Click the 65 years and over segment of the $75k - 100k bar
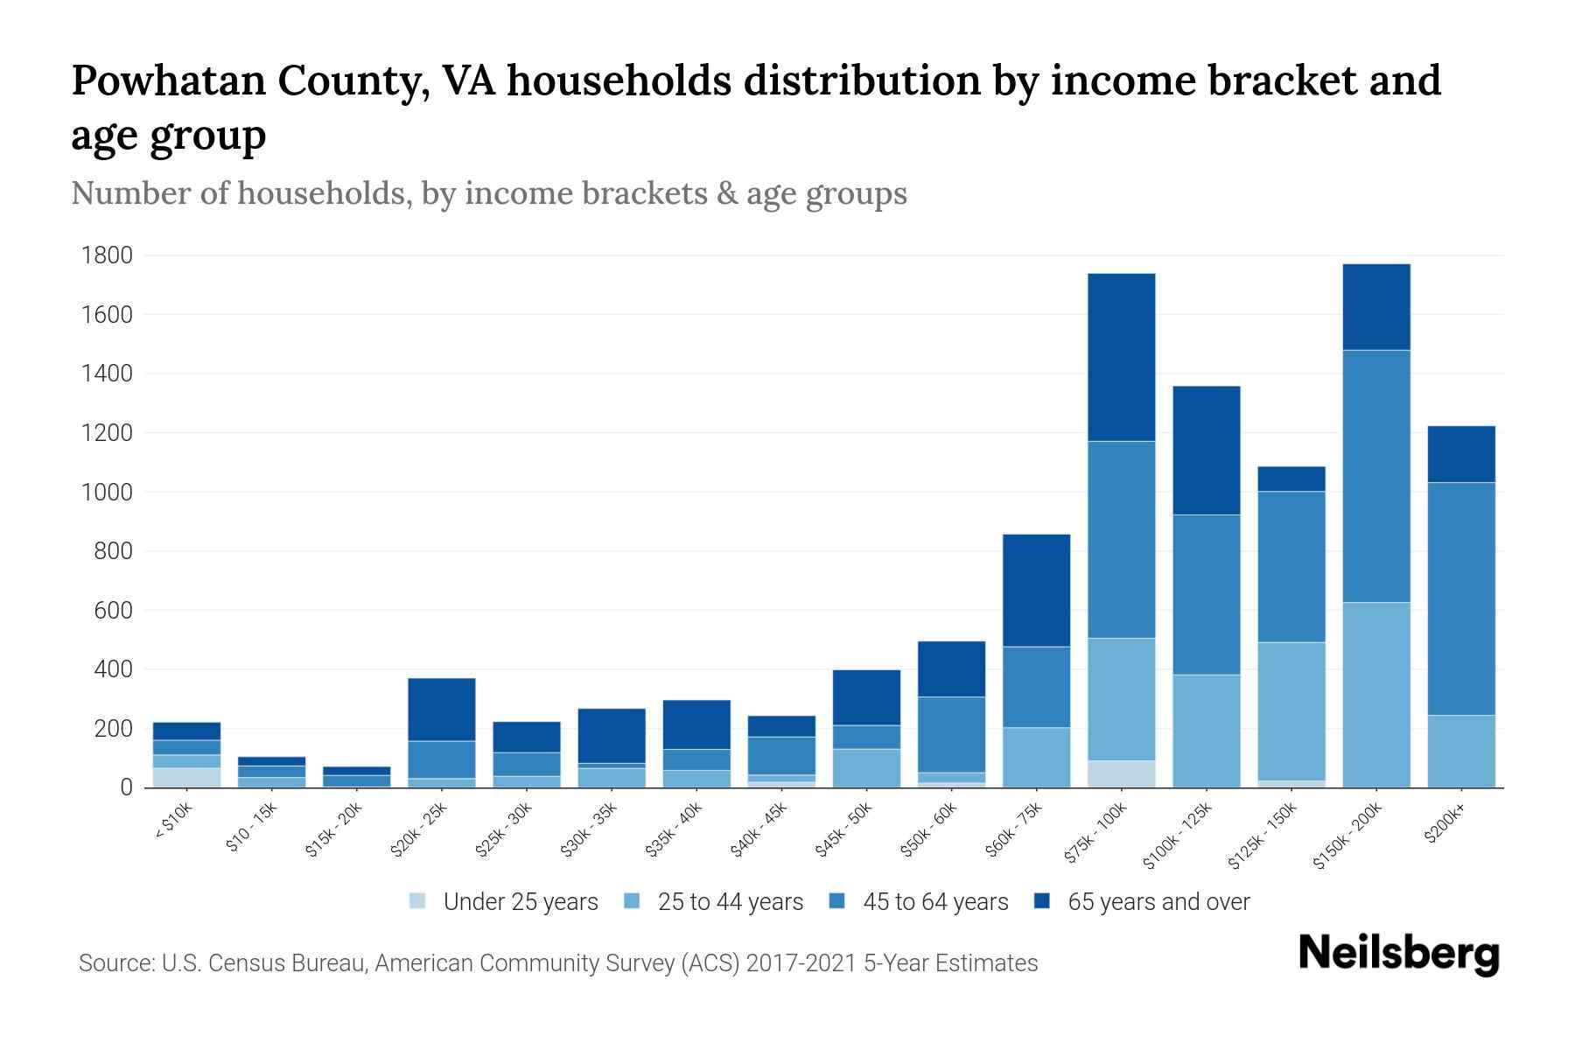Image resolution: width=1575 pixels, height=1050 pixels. (1121, 357)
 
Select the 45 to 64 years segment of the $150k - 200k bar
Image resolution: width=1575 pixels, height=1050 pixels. (1376, 476)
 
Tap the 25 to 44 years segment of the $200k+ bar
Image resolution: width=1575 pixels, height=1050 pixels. (1461, 751)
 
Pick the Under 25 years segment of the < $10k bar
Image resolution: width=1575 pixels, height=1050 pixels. (186, 777)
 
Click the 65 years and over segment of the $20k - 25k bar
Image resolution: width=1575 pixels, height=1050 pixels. (442, 710)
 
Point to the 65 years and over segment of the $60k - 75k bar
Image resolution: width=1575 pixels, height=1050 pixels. (1036, 590)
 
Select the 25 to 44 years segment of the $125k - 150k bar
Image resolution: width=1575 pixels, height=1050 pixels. (1291, 710)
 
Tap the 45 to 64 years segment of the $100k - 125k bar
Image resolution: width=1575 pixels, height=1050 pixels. (1207, 594)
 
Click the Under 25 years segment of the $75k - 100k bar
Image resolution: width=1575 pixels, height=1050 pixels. (1121, 773)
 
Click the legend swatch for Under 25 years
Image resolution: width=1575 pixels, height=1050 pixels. (418, 901)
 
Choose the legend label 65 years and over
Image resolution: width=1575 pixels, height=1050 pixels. (1158, 901)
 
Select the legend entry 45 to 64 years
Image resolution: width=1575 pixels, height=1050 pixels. (935, 901)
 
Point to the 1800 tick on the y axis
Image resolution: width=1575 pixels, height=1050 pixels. (107, 255)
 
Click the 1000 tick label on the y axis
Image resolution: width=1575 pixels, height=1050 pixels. (107, 493)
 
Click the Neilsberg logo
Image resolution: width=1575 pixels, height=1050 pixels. (1398, 954)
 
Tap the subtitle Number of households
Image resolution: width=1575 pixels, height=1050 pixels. (241, 193)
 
